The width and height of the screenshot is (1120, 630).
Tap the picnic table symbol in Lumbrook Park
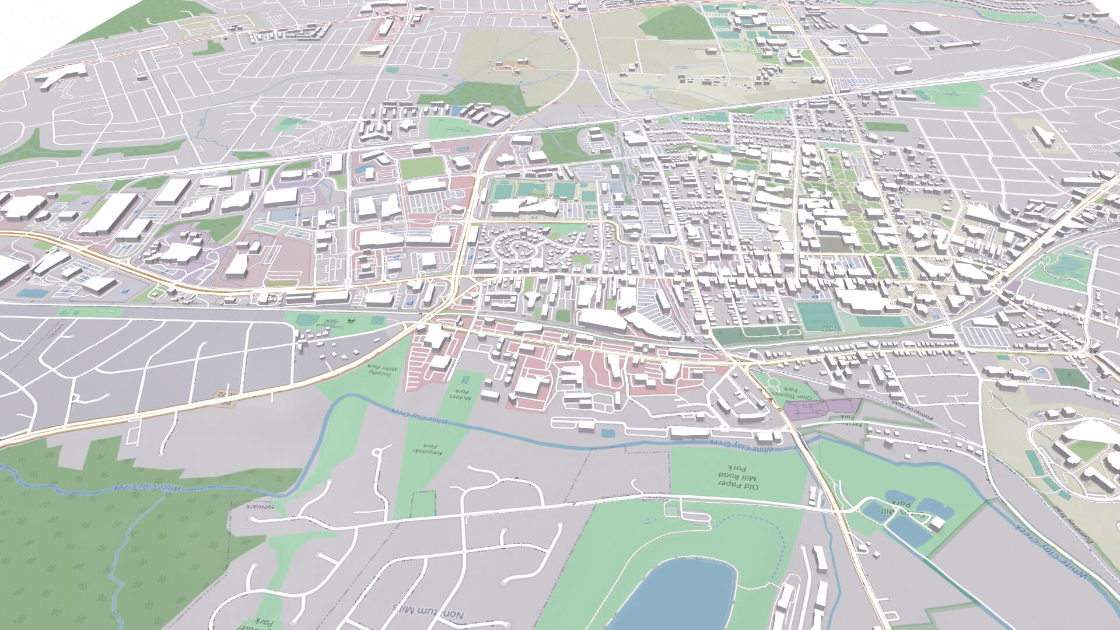click(351, 320)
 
